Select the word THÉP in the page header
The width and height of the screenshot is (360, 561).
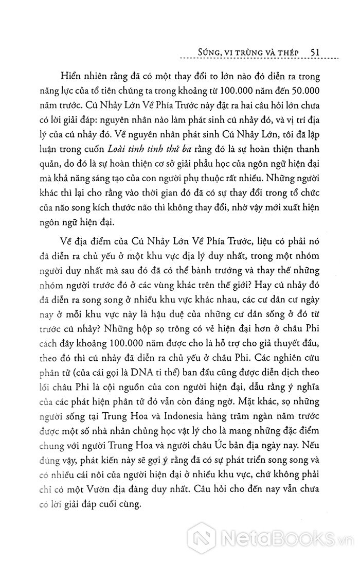pos(291,52)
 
